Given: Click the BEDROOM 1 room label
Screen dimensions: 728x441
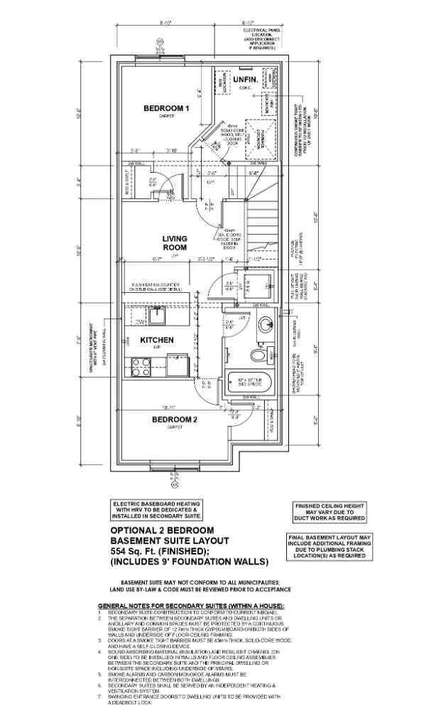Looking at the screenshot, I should (x=166, y=108).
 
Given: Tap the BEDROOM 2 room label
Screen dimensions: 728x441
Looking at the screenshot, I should (x=175, y=419).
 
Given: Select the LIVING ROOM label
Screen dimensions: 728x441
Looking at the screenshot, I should (x=175, y=243).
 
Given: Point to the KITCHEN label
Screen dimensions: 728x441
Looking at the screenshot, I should (x=156, y=341).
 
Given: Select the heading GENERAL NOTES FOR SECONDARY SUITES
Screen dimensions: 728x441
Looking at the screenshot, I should (x=190, y=605).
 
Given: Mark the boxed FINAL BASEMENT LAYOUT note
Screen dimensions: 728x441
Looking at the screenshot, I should (x=328, y=548).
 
